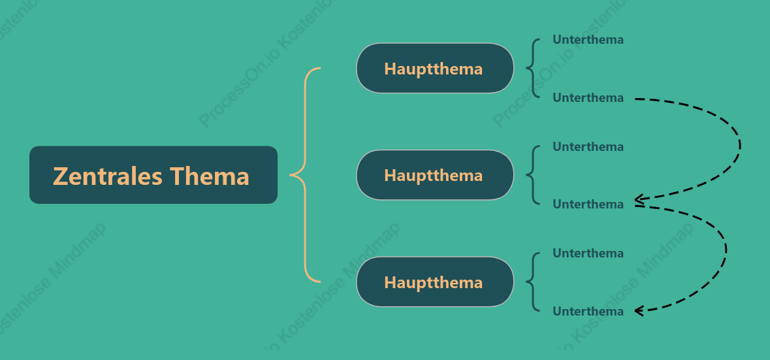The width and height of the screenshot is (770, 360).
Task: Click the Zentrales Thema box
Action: pos(153,175)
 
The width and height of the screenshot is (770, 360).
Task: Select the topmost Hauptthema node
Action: pos(435,68)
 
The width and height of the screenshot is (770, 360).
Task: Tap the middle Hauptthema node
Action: pos(435,175)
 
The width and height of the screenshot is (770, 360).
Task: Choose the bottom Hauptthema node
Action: pos(435,282)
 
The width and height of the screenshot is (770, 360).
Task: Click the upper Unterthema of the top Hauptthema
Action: pos(588,40)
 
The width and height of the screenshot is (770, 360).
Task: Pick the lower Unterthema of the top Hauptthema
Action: pos(588,98)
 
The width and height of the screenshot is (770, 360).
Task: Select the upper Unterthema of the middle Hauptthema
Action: pos(588,146)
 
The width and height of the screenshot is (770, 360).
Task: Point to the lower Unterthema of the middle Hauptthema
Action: pos(588,205)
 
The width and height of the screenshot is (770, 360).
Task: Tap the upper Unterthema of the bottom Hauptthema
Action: pos(588,254)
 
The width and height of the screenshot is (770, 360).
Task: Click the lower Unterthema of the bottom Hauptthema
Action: pos(588,312)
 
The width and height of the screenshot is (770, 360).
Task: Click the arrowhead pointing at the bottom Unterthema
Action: pos(639,311)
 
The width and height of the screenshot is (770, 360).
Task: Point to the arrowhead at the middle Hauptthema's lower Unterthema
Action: pos(639,199)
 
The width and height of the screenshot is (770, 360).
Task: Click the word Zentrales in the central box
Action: pos(108,176)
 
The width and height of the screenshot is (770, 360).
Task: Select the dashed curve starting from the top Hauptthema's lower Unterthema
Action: pos(740,145)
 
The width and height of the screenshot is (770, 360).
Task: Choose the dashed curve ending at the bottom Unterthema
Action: pos(726,250)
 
